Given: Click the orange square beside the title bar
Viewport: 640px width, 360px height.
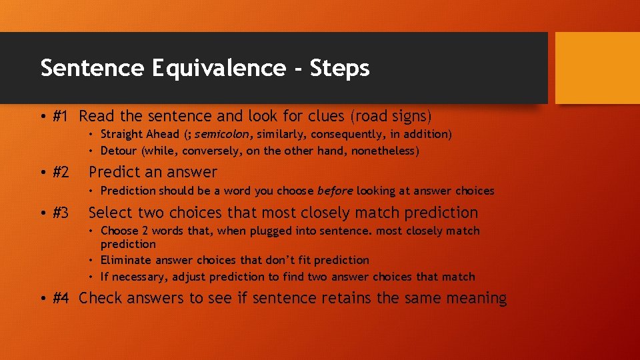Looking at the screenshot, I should (x=597, y=69).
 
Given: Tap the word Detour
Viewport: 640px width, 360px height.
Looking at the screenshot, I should (x=119, y=151).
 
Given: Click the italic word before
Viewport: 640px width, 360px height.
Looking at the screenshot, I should (x=335, y=191).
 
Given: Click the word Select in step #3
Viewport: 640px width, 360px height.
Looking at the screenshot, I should (x=111, y=213).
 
